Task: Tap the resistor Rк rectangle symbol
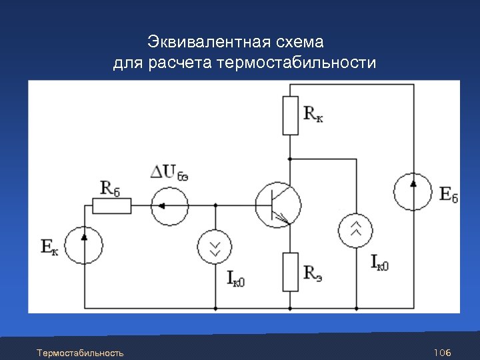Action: [x=290, y=115]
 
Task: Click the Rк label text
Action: [x=313, y=113]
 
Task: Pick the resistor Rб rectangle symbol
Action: [x=111, y=205]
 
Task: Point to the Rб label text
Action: [x=110, y=187]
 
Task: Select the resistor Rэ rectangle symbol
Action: [x=290, y=272]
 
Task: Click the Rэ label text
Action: [x=313, y=272]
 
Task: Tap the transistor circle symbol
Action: [x=278, y=205]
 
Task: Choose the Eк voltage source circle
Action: [x=85, y=244]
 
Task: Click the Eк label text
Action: [x=49, y=248]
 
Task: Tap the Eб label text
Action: [x=449, y=194]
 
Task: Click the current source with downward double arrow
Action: [x=215, y=247]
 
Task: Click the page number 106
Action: [x=442, y=352]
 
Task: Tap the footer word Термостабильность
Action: [x=80, y=352]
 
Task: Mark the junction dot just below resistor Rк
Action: [x=290, y=159]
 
